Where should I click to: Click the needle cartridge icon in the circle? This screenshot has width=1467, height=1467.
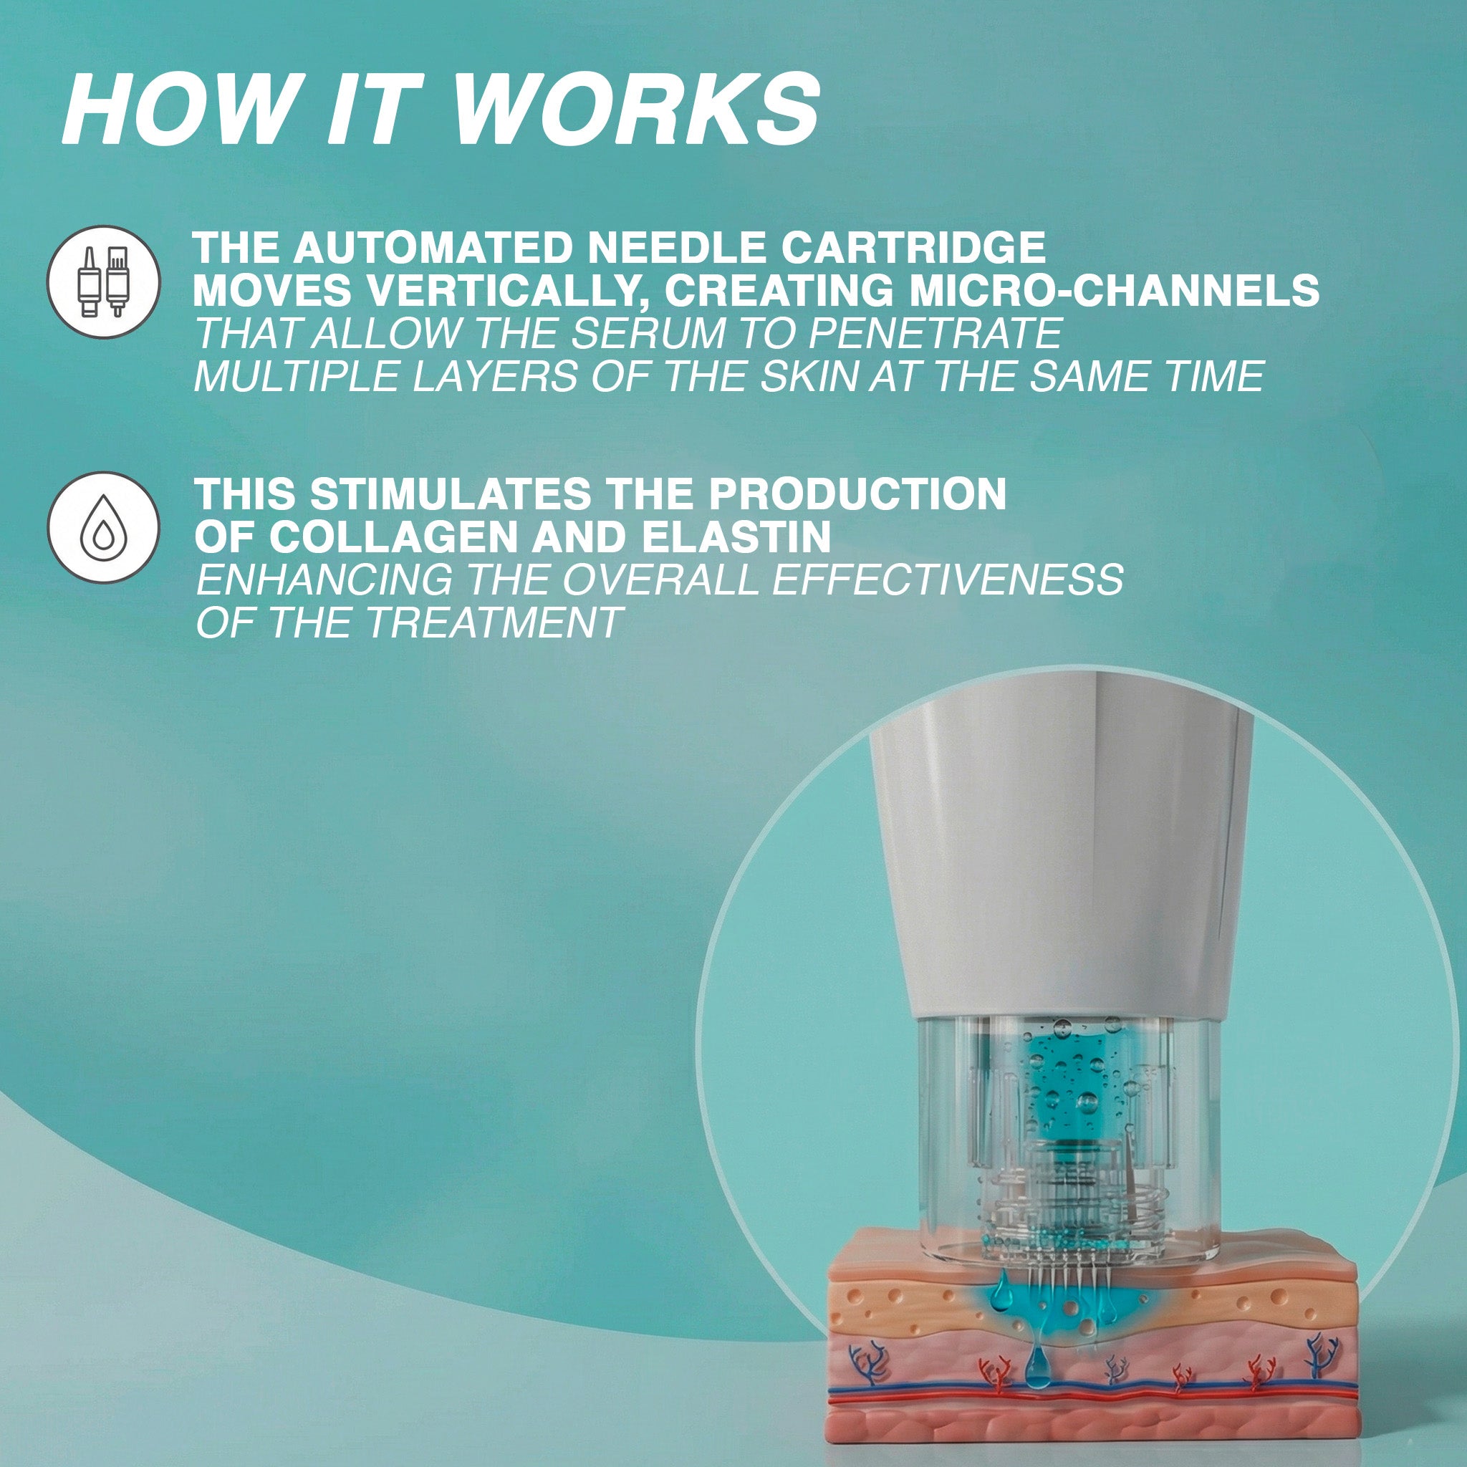tap(104, 282)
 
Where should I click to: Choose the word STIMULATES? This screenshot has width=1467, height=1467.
tap(450, 494)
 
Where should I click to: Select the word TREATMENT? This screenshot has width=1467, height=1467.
tap(493, 623)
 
